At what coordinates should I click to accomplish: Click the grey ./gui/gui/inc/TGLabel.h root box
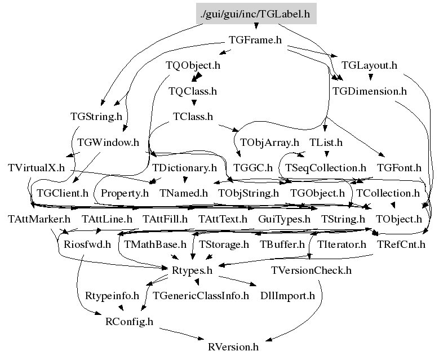tap(256, 14)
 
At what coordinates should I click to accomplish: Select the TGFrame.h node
tap(255, 40)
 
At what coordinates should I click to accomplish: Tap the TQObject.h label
tap(193, 65)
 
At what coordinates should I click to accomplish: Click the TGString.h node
tap(96, 117)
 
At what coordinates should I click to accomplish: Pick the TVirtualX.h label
tap(37, 168)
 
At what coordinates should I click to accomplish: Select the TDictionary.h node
tap(184, 168)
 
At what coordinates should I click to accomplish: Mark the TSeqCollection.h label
tap(326, 168)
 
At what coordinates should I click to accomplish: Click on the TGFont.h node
tap(399, 168)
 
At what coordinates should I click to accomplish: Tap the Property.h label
tap(125, 193)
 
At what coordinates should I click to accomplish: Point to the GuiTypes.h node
tap(284, 219)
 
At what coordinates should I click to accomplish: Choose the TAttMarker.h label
tap(39, 219)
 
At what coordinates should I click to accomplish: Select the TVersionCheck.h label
tap(311, 270)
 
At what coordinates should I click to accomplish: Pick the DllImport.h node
tap(284, 295)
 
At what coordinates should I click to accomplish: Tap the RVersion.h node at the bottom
tap(233, 346)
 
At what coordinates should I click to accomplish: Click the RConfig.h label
tap(129, 321)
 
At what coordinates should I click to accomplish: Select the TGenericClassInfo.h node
tap(201, 295)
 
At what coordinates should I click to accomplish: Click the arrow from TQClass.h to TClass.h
tap(193, 103)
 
